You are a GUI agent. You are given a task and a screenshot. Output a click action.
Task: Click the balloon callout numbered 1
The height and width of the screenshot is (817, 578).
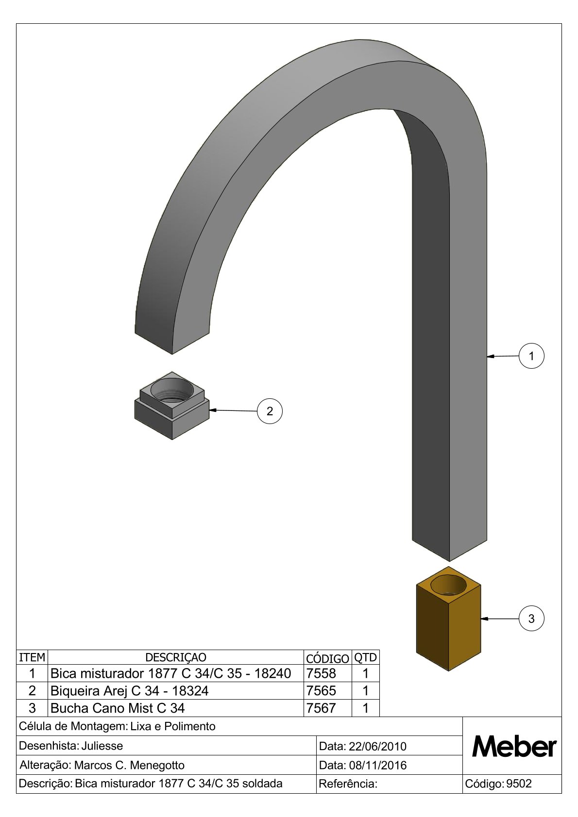click(531, 356)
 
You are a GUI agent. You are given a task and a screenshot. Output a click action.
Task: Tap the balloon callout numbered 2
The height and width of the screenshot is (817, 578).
click(270, 411)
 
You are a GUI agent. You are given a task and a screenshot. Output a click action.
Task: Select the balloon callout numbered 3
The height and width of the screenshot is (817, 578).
click(531, 619)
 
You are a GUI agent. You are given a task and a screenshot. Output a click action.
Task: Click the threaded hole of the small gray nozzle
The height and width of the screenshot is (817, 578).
click(172, 390)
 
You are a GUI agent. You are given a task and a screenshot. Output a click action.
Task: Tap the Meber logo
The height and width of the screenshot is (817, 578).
click(514, 747)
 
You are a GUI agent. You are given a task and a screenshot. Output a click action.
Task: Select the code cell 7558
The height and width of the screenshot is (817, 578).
click(322, 673)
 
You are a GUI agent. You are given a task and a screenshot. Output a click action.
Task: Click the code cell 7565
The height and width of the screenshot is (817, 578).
click(322, 691)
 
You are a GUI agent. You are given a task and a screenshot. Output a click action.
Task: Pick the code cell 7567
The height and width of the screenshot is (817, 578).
click(322, 708)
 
